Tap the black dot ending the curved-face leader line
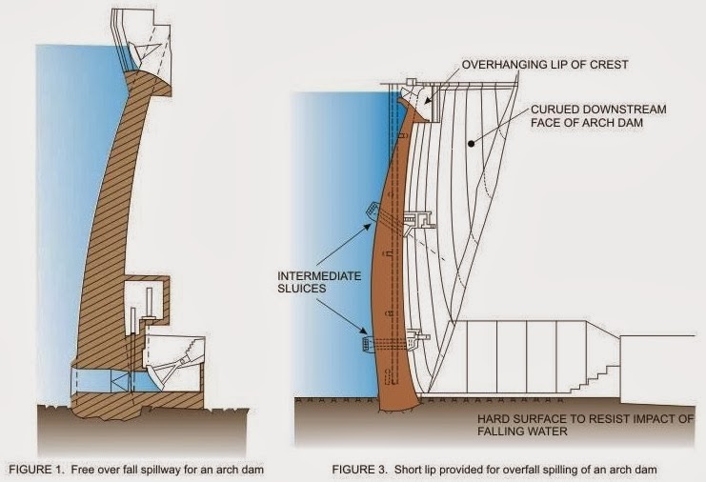pos(471,145)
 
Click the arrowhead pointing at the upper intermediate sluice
pos(373,226)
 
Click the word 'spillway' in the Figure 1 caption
pos(169,469)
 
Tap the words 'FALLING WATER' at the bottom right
pos(509,432)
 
